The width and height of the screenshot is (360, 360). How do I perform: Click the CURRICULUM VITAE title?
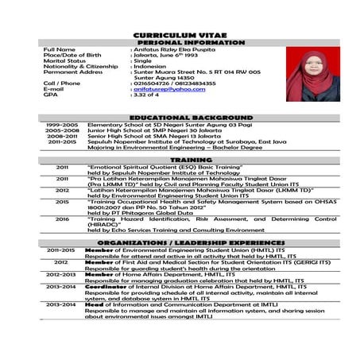coord(180,37)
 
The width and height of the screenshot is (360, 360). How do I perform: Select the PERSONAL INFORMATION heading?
coord(180,43)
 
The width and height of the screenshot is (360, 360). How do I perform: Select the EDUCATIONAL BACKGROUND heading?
coord(180,118)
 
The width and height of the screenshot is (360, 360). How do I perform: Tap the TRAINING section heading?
coord(180,160)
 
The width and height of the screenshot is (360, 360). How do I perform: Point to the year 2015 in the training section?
coord(62,202)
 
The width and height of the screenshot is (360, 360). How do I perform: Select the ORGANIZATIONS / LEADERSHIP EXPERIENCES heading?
coord(180,240)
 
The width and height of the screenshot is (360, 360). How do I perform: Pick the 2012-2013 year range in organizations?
coord(61,274)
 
